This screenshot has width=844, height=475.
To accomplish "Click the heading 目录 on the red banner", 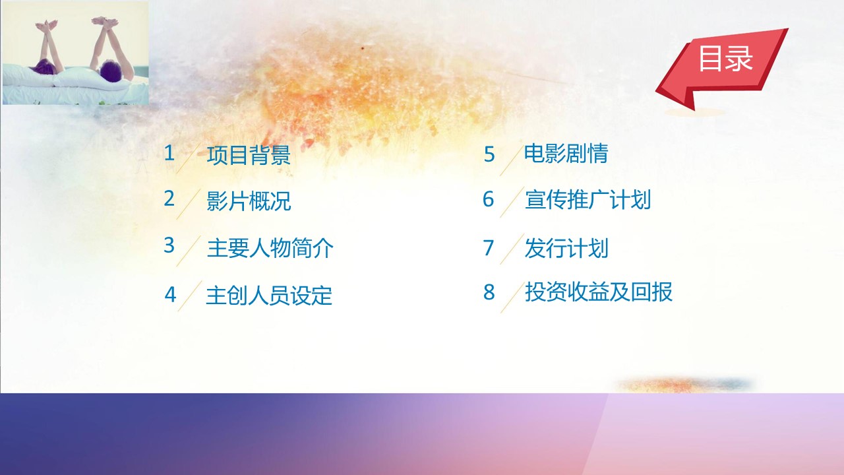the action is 726,59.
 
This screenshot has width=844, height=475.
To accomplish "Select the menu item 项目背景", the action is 249,154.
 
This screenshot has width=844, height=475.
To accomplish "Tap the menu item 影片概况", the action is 249,201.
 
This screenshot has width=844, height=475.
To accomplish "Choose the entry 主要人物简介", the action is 270,248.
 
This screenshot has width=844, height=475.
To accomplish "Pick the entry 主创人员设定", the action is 269,295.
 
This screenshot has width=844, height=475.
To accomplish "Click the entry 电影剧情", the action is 566,153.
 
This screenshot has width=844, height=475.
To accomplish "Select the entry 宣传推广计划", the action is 588,199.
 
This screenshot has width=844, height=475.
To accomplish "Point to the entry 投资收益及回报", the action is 599,292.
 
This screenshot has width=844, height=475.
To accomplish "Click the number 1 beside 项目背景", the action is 169,153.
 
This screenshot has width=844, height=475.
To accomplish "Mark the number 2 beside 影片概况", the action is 169,199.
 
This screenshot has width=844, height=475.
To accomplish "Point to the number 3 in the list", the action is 169,245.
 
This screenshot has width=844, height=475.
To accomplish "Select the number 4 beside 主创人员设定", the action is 170,294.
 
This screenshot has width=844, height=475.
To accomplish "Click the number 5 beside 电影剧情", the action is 489,154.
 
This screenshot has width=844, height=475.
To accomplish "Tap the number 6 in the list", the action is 489,199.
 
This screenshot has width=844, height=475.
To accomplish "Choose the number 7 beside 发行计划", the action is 489,247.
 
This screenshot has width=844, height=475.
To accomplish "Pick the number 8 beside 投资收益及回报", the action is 489,292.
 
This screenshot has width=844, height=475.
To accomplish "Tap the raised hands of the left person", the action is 46,26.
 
